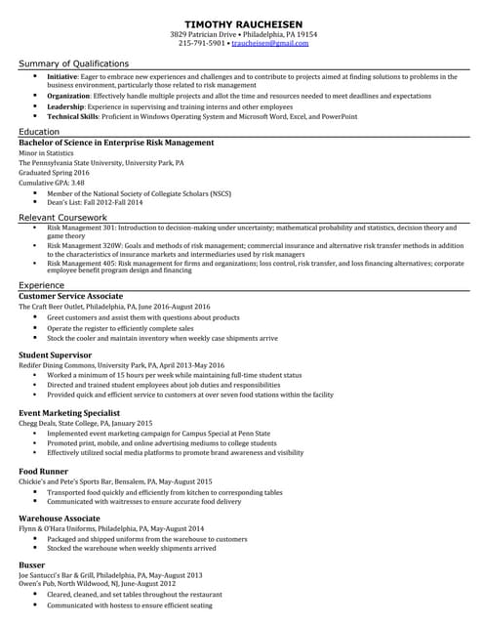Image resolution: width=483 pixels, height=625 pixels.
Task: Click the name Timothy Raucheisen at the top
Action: click(240, 21)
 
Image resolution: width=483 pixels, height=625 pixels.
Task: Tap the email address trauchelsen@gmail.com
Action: click(270, 43)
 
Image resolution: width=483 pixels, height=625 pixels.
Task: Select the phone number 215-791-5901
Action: click(202, 43)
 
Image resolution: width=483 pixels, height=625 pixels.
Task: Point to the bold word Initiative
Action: click(62, 76)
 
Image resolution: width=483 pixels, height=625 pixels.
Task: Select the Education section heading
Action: click(39, 131)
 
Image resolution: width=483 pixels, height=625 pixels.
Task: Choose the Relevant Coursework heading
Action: click(62, 217)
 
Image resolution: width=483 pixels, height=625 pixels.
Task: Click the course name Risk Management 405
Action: click(85, 263)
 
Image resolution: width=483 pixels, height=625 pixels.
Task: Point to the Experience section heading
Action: click(42, 284)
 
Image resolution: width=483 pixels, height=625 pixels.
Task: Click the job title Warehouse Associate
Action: click(60, 518)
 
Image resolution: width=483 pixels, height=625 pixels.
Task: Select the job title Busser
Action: click(33, 564)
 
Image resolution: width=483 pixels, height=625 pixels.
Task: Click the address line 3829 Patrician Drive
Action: click(205, 33)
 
